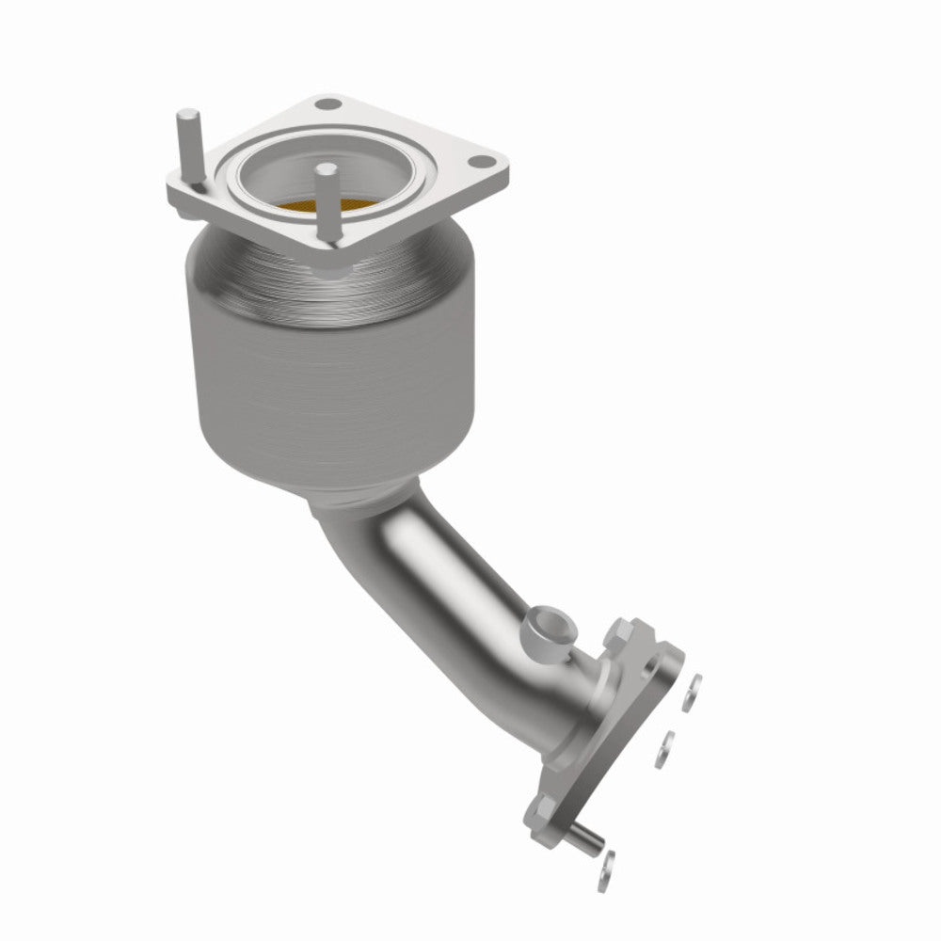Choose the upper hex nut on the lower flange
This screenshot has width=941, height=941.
click(622, 630)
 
